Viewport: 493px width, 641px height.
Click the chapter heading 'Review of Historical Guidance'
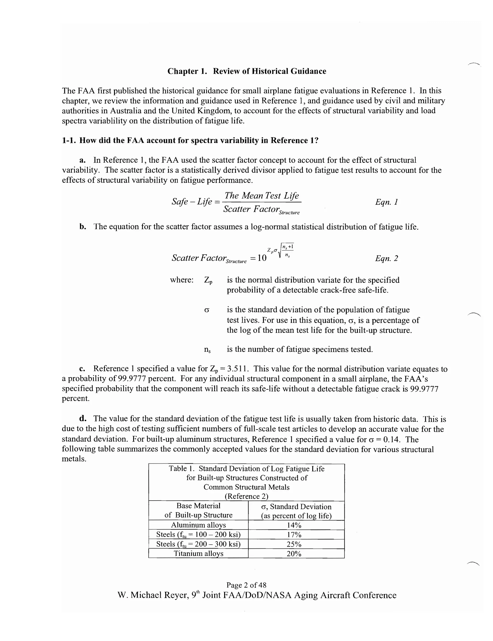coord(269,71)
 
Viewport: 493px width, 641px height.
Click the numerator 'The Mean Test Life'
coord(261,196)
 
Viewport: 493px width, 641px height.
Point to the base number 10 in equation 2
coord(262,258)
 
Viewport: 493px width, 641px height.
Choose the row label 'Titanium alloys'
coord(198,554)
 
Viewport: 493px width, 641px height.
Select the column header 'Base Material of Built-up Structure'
coord(198,510)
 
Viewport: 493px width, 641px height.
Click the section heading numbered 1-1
coord(190,140)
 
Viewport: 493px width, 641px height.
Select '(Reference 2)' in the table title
coord(246,496)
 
